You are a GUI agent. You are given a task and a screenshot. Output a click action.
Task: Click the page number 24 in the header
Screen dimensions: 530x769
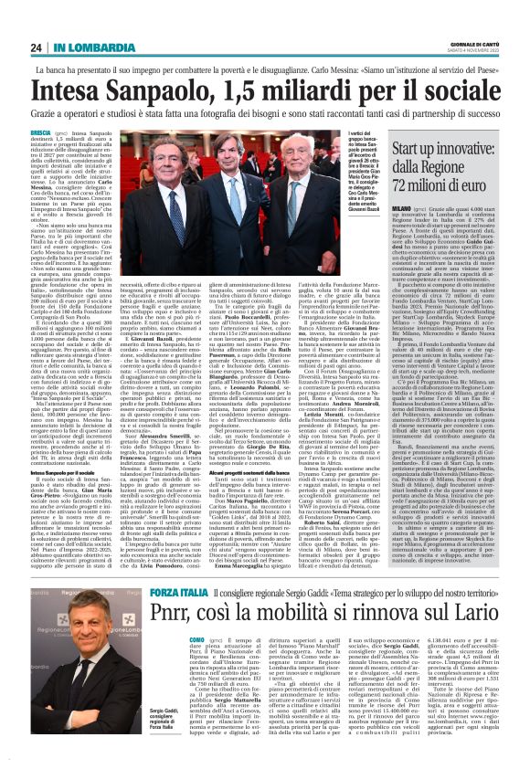pos(37,47)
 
